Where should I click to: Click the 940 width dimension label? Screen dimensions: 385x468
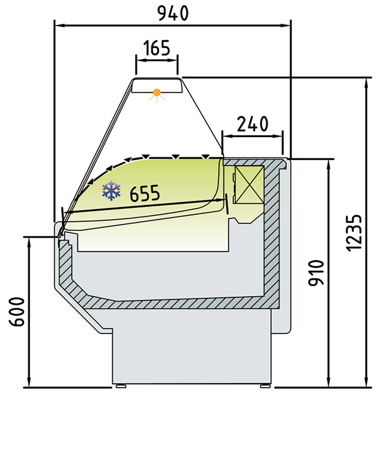pos(173,13)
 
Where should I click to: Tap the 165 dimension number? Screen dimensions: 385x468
pos(157,48)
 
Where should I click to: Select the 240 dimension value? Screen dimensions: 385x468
pos(252,124)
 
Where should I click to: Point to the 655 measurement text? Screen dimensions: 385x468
pos(145,193)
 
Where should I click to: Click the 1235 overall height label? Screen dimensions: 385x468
pos(354,233)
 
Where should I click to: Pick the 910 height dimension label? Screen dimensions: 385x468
pos(316,273)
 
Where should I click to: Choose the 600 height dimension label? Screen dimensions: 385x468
pos(17,312)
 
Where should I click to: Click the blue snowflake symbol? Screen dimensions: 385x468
pos(112,190)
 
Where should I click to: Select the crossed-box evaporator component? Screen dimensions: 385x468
pos(249,185)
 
